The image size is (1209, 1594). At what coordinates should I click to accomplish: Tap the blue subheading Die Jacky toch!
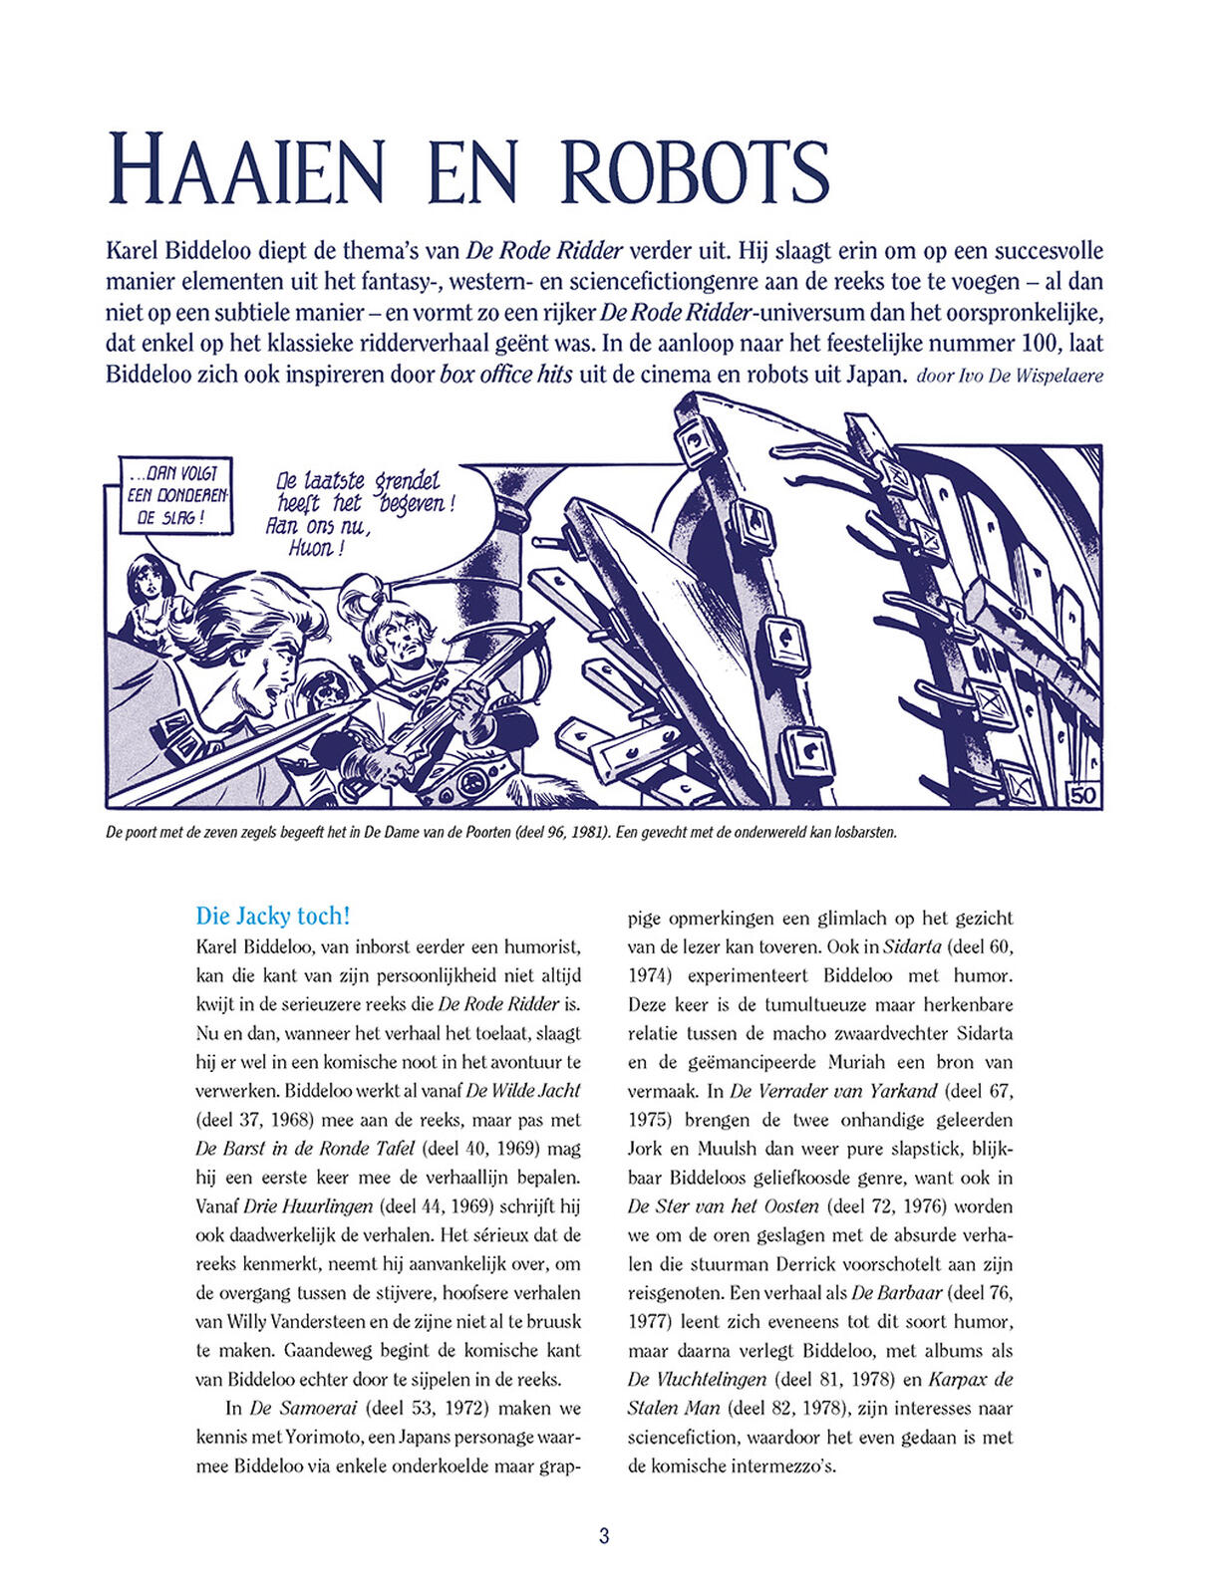(273, 916)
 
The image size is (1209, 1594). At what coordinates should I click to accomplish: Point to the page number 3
(604, 1535)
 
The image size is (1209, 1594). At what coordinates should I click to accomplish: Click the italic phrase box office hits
(506, 377)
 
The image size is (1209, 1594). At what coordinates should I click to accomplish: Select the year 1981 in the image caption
(587, 832)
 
